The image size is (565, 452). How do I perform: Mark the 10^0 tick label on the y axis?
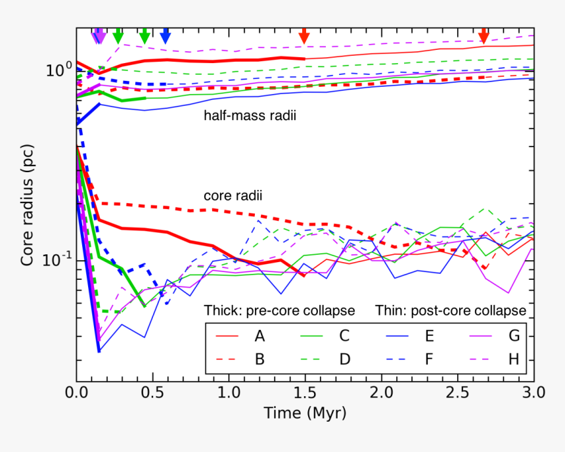tap(58, 70)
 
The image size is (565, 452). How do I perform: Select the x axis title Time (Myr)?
tap(305, 413)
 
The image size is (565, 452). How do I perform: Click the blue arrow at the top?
tap(165, 36)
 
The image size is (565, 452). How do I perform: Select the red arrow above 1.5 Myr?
tap(304, 36)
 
